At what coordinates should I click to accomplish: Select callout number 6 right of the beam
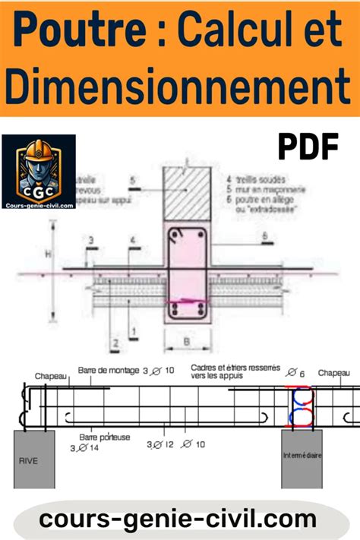coord(265,237)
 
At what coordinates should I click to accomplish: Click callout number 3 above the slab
coord(90,241)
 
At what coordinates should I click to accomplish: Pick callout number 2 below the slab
coord(116,343)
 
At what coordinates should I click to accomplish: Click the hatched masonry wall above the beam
coord(188,193)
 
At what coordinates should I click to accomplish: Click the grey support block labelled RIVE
coord(33,459)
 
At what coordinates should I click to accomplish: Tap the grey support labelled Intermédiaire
coord(301,459)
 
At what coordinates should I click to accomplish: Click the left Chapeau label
coord(50,375)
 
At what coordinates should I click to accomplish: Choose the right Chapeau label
coord(334,373)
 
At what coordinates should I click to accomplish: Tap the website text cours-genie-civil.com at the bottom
coord(179,519)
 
